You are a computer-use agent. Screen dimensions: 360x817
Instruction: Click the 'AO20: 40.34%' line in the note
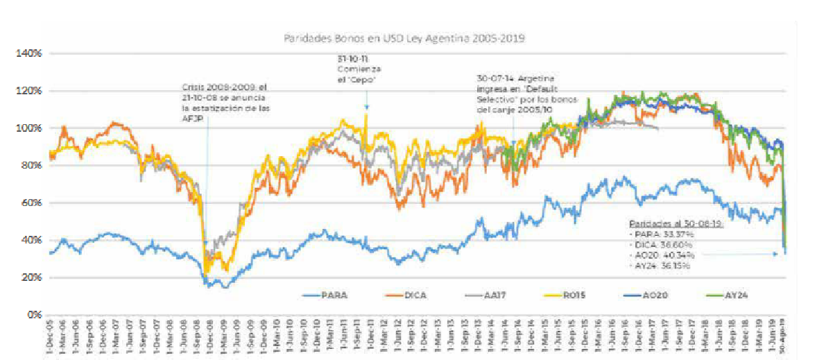coord(664,255)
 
